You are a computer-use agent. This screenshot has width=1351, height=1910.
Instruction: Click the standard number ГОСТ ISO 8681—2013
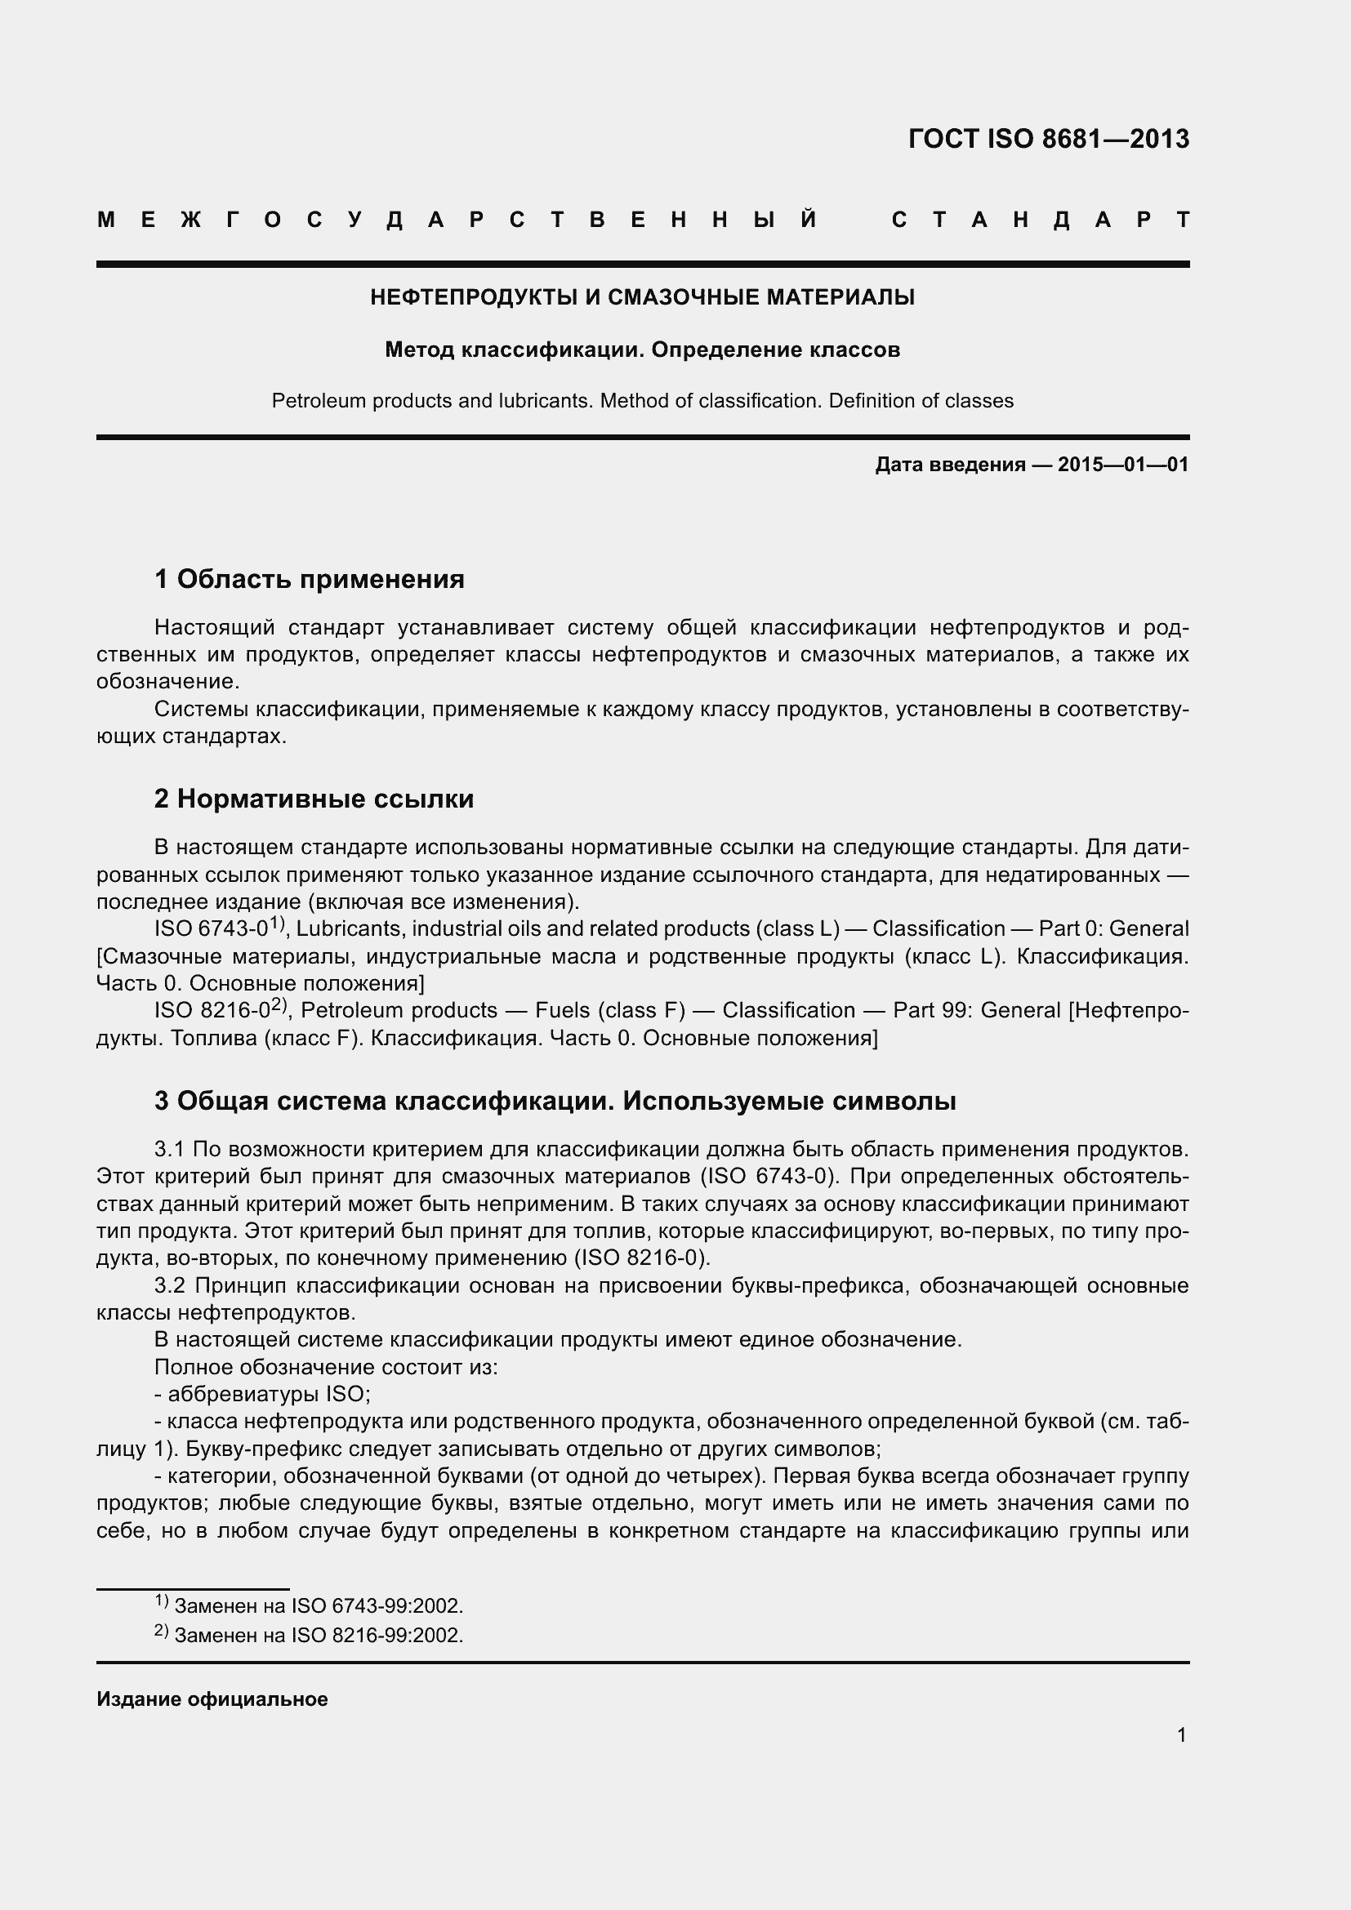[1048, 138]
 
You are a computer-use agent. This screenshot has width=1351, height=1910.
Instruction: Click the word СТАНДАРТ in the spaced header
[1040, 220]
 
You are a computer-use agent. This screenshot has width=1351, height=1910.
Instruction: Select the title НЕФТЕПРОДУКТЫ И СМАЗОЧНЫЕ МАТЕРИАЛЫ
[642, 297]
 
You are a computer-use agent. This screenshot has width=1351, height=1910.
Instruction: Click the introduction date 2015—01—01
[1123, 464]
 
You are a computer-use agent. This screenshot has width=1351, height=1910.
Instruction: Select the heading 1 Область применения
[310, 579]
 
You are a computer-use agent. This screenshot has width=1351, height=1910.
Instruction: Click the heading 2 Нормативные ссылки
[314, 799]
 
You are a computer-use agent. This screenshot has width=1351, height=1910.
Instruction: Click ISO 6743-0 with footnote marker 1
[218, 928]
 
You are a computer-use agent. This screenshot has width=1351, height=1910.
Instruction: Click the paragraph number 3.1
[169, 1149]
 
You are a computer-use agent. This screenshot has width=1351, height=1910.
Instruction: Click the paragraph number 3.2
[169, 1285]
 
